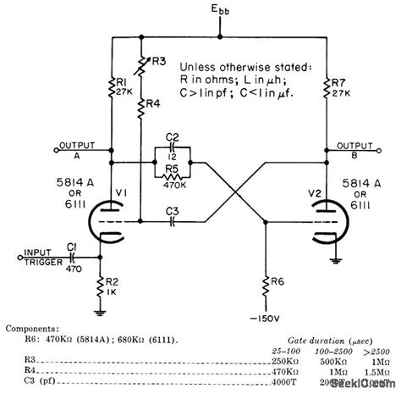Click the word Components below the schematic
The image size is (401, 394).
coord(31,325)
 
